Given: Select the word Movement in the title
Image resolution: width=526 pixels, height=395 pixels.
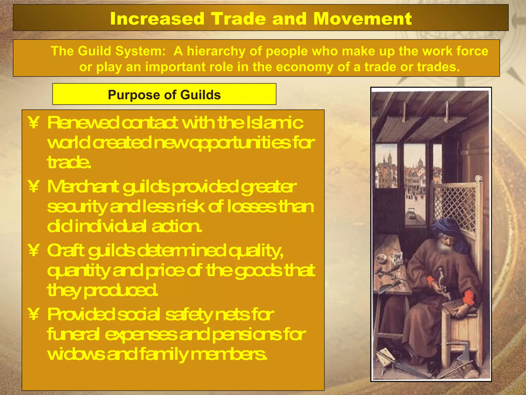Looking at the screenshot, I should click(x=362, y=19).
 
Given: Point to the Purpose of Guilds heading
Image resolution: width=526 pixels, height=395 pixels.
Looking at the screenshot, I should click(x=164, y=95).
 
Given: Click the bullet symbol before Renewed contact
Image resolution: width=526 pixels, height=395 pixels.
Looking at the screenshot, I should click(x=34, y=123).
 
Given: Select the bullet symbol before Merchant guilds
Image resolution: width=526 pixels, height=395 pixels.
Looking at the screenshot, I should click(x=34, y=187).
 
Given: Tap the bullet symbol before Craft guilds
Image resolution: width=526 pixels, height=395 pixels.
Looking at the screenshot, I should click(x=34, y=250).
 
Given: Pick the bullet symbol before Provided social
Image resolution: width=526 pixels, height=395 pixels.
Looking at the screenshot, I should click(x=34, y=314).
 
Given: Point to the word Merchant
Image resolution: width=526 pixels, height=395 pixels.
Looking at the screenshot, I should click(x=83, y=187).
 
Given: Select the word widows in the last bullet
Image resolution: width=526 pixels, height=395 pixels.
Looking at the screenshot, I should click(x=76, y=354).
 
